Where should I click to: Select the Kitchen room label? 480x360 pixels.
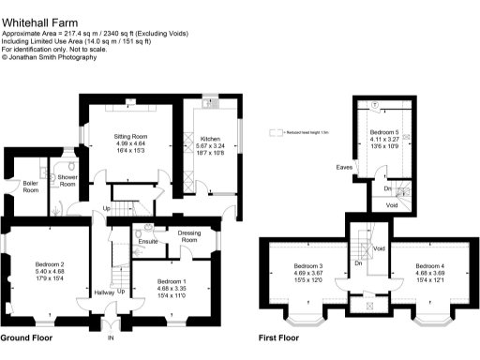[209, 139]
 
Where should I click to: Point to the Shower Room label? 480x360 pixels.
[67, 179]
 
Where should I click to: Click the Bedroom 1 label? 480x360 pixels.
[172, 281]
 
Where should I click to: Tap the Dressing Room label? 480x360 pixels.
[190, 238]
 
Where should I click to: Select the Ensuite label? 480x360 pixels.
[147, 242]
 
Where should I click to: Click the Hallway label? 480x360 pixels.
[102, 292]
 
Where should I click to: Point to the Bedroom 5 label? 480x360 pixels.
[384, 133]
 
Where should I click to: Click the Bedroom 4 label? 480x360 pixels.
[431, 265]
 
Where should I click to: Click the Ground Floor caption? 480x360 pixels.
[26, 337]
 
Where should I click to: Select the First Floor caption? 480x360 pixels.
[278, 337]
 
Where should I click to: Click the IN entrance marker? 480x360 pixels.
[110, 337]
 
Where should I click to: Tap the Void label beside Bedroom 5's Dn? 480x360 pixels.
[392, 204]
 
